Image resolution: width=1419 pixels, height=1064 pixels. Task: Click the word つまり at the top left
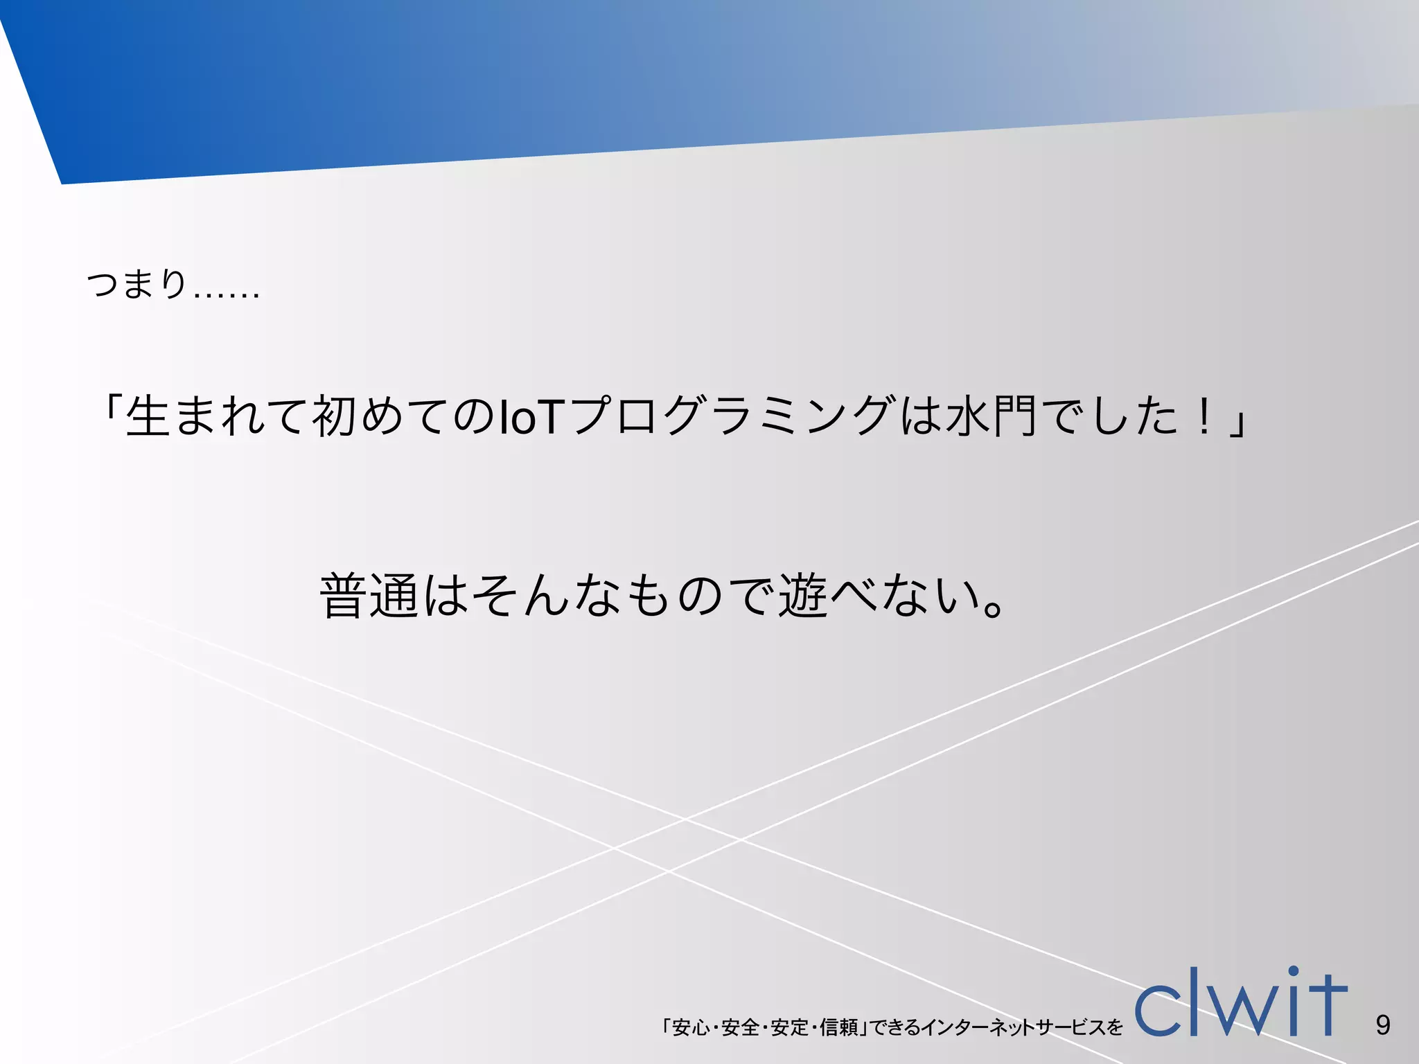(136, 284)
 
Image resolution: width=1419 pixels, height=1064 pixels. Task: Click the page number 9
(1383, 1025)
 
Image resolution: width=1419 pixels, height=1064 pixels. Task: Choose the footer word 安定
(789, 1027)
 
